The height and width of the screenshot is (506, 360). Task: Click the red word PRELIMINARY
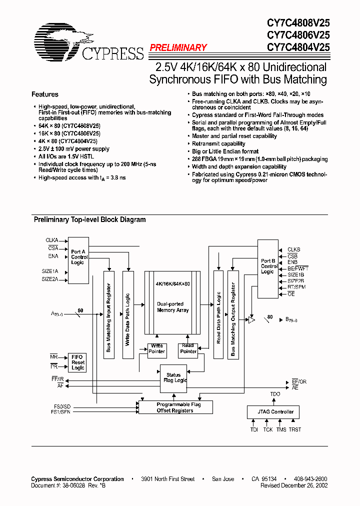click(178, 47)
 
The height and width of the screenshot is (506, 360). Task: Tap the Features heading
click(45, 94)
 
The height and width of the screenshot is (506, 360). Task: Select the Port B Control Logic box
click(268, 266)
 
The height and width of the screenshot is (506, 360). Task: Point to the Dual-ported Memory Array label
click(172, 307)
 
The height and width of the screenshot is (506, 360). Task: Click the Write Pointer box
click(156, 348)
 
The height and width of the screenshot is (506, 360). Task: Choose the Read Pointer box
click(188, 348)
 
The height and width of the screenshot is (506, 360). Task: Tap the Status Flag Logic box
click(173, 378)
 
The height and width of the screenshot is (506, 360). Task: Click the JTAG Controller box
click(272, 412)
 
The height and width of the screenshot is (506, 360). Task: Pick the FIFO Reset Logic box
click(78, 362)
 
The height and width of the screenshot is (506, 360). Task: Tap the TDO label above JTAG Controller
click(275, 394)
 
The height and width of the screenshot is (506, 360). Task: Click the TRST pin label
click(294, 429)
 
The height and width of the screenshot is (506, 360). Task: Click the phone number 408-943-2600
click(310, 479)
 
